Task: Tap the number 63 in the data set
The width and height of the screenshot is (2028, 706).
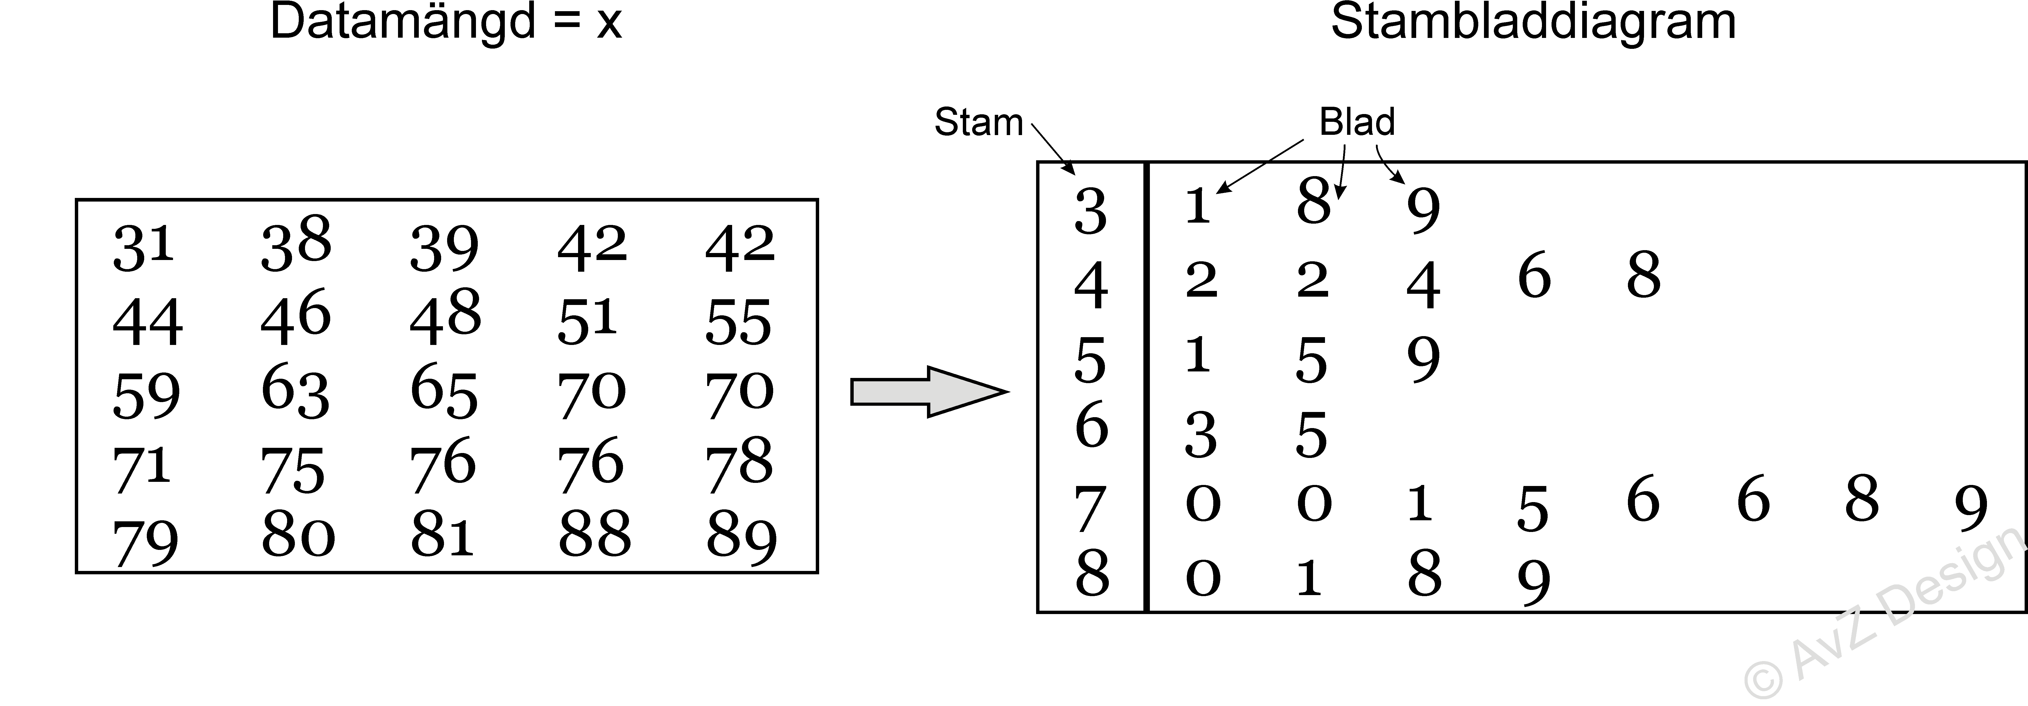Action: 295,391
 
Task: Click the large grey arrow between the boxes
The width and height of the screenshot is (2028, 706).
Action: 929,391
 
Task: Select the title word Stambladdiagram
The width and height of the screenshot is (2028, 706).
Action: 1533,22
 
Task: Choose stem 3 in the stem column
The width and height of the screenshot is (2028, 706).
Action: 1090,212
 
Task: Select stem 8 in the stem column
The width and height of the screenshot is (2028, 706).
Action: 1092,573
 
